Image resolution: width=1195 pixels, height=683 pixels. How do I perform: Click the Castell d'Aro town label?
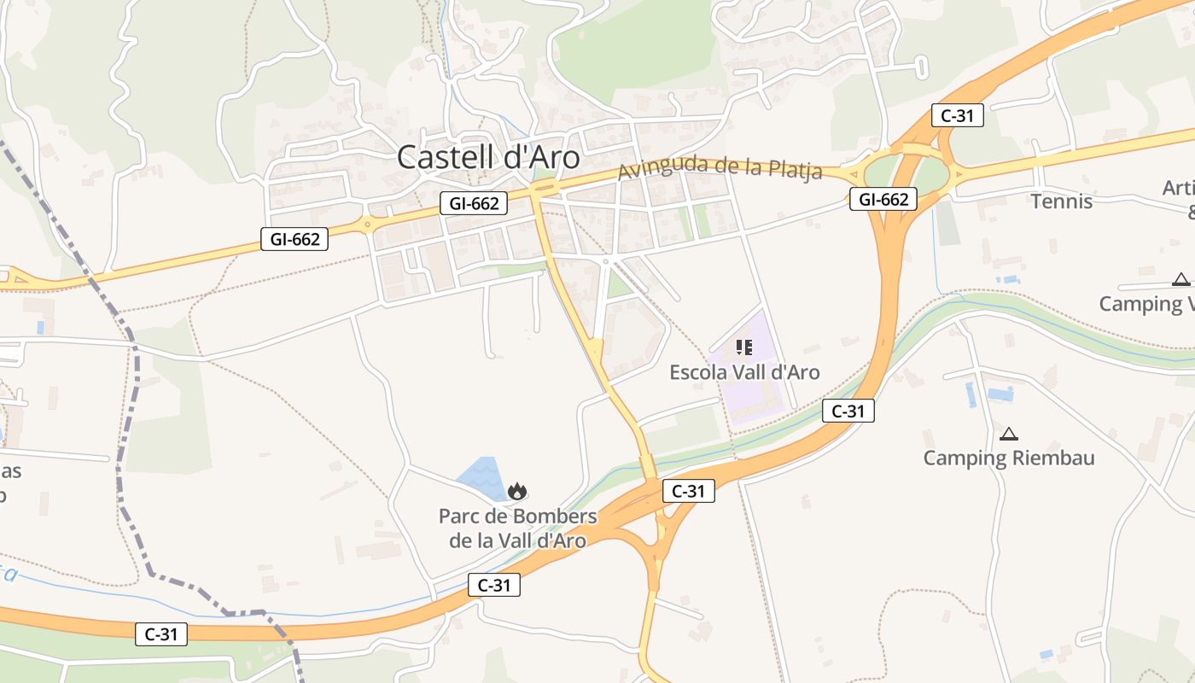point(488,157)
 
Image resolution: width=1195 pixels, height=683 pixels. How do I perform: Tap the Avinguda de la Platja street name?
point(720,167)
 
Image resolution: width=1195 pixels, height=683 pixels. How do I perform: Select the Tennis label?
point(1061,201)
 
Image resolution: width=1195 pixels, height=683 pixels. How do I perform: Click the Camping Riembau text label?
point(1009,458)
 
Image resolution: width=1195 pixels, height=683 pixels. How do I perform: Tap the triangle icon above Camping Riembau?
point(1009,434)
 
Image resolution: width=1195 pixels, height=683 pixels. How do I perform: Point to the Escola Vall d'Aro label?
point(744,372)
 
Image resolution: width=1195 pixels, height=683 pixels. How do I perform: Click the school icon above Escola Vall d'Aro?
point(743,347)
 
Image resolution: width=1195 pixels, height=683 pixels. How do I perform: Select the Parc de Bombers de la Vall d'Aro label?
point(517,528)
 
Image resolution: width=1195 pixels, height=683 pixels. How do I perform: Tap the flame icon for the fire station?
point(516,492)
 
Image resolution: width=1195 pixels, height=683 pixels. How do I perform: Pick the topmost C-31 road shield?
point(957,115)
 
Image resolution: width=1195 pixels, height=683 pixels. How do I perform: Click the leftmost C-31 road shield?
point(161,634)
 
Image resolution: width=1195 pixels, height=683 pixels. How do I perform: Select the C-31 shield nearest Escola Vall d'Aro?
point(848,412)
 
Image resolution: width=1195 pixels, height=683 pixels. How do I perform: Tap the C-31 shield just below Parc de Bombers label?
point(494,585)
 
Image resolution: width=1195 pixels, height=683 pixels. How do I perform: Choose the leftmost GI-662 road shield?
point(294,240)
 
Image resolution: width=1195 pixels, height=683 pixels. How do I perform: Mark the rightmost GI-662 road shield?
point(883,200)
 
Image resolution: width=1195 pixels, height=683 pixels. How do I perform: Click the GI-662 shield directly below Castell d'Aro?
point(474,203)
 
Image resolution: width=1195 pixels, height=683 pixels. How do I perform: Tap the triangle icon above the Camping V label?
point(1180,279)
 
